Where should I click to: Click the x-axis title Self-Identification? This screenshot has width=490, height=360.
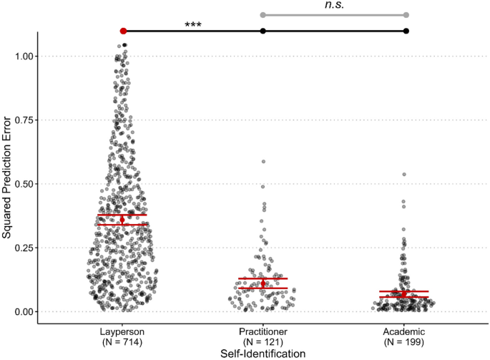[264, 353]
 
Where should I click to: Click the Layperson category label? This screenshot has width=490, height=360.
[122, 332]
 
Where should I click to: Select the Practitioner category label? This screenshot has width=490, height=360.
[263, 332]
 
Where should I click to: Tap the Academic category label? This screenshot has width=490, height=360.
[406, 332]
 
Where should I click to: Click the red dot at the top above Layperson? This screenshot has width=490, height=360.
[123, 31]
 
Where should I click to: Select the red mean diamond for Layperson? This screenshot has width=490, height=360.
[122, 220]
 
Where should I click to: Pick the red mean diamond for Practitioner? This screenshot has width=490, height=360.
[263, 283]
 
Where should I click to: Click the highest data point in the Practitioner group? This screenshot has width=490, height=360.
[263, 162]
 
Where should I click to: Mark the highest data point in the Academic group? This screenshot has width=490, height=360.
[404, 174]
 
